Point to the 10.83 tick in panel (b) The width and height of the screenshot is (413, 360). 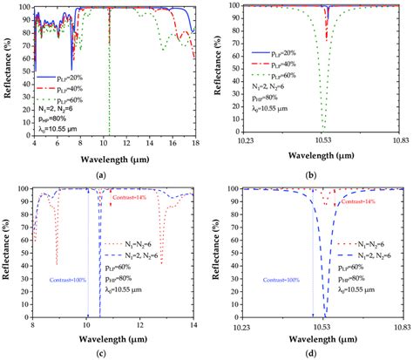[x=398, y=139]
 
